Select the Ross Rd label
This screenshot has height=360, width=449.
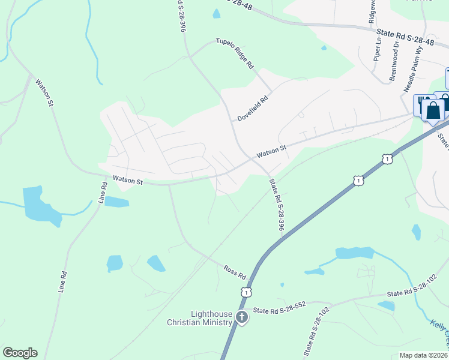(x=235, y=272)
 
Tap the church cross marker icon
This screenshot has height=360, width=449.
(x=241, y=317)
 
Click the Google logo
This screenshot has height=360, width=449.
(x=20, y=353)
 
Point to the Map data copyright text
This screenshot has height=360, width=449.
(x=424, y=355)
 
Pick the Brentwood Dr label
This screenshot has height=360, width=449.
(x=394, y=61)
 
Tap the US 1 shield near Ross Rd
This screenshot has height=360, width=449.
(x=246, y=292)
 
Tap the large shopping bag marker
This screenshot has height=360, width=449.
(x=433, y=111)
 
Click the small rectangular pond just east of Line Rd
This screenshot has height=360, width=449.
(x=117, y=202)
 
